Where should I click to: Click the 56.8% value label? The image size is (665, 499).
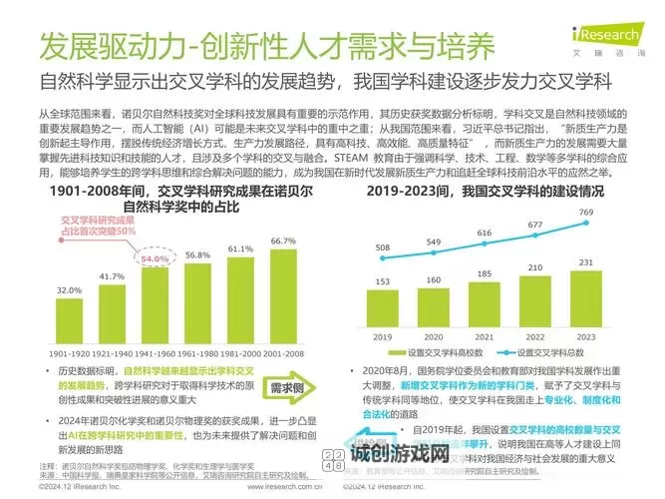pos(197,254)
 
